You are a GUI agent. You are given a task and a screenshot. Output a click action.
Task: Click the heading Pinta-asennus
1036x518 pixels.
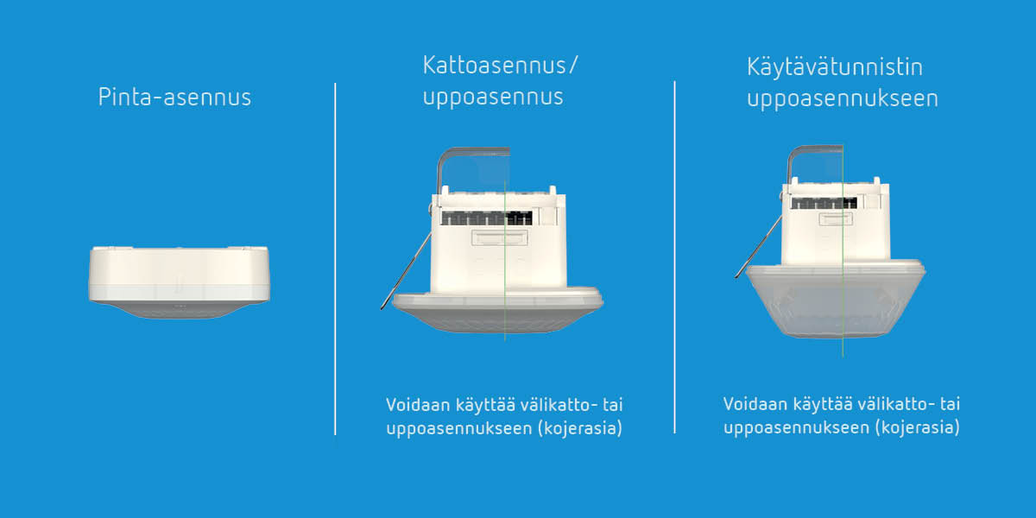(174, 97)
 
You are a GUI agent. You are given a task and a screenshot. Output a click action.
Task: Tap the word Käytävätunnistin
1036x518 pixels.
(835, 66)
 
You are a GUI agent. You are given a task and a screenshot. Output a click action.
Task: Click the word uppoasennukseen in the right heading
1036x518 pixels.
(843, 98)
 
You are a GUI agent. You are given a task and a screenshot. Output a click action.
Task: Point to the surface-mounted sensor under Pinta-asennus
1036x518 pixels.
(179, 282)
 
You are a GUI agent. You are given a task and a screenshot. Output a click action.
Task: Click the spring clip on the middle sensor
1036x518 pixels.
(406, 271)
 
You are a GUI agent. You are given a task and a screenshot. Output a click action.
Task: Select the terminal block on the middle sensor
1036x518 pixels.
(487, 218)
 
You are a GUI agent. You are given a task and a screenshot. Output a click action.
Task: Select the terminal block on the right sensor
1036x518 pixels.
(824, 203)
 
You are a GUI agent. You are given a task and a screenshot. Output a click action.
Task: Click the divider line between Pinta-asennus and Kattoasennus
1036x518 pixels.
(335, 259)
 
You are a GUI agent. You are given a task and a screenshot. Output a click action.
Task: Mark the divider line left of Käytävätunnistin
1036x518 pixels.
(675, 257)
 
